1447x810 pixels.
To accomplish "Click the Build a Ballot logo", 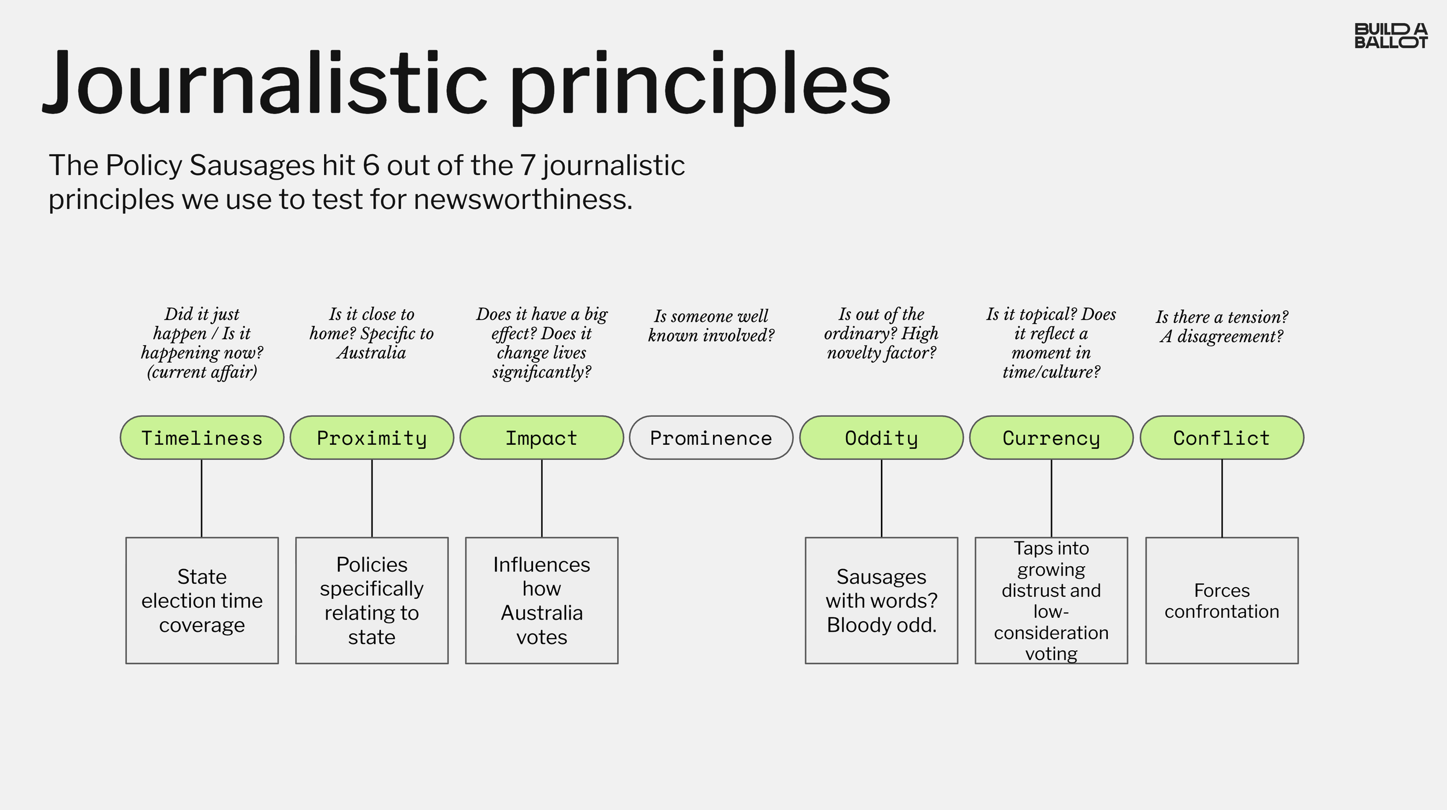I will (1390, 36).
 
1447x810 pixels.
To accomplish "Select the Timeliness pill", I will (202, 438).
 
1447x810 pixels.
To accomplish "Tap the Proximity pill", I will (372, 438).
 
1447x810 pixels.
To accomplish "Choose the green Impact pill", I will (542, 438).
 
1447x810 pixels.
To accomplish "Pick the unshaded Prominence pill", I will (711, 438).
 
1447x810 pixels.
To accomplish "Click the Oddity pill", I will (882, 438).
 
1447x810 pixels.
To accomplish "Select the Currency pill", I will (1051, 438).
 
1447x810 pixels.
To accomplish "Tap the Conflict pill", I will (1222, 438).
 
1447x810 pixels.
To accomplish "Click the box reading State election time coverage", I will (202, 600).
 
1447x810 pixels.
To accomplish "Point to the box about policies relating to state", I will (372, 600).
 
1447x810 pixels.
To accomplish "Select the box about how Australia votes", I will (542, 600).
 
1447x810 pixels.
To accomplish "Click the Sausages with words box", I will (882, 600).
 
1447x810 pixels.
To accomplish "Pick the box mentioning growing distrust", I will (1051, 600).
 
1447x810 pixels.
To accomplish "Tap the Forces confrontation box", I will (1222, 600).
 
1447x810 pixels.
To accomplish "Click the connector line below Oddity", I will (882, 499).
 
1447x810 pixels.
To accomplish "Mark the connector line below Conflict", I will (1222, 499).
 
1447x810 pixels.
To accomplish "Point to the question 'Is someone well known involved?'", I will (711, 325).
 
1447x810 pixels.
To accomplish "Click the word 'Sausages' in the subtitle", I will (252, 166).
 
